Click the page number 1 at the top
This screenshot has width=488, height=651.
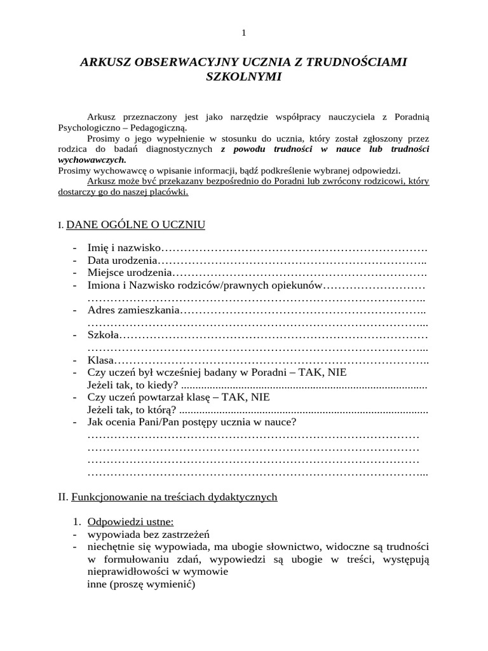pyautogui.click(x=243, y=33)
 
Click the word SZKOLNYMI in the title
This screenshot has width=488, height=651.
pyautogui.click(x=243, y=76)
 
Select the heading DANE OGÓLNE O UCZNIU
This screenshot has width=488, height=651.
pyautogui.click(x=135, y=224)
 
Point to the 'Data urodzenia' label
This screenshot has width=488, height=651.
pyautogui.click(x=122, y=261)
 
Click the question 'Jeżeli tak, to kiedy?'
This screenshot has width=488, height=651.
pyautogui.click(x=132, y=385)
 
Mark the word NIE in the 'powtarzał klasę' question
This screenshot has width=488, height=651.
pyautogui.click(x=261, y=397)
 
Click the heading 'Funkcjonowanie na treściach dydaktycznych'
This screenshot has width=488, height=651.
pyautogui.click(x=175, y=497)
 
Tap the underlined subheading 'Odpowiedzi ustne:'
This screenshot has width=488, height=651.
pyautogui.click(x=126, y=522)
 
